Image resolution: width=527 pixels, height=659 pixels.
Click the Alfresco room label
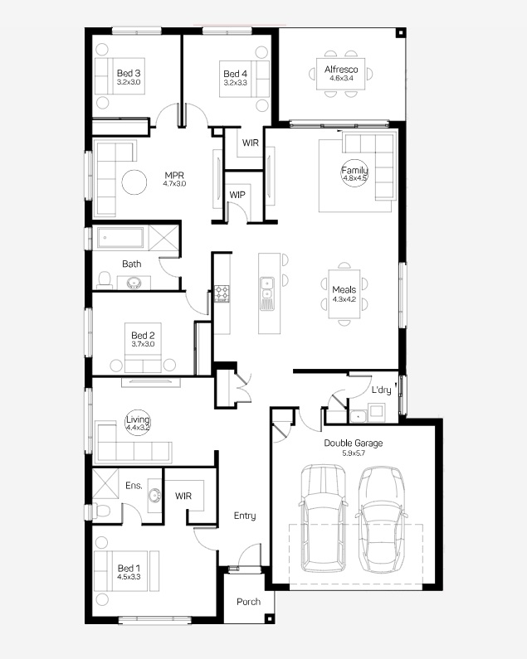coord(341,70)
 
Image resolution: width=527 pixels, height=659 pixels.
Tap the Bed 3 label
coord(129,73)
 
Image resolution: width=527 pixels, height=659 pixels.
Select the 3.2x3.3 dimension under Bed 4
coord(236,83)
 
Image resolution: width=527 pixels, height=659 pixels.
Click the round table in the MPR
coord(134,182)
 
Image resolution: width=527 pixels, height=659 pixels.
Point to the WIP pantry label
coord(237,195)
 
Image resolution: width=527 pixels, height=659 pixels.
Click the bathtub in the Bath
coord(120,238)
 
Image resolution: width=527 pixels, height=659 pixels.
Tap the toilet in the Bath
coord(104,280)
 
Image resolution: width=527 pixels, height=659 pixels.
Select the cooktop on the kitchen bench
coord(222,293)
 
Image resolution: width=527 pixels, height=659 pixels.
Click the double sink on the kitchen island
coord(267,288)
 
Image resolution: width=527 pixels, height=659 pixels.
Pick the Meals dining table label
coord(344,289)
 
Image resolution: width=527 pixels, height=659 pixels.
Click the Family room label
coord(354,170)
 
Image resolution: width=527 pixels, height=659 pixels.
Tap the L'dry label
coord(382,390)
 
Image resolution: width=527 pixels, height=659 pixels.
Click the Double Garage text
coord(354,443)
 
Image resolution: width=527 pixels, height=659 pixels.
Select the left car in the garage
coord(324,518)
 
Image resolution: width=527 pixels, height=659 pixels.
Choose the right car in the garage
coord(382,519)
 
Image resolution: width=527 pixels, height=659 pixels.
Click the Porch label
coord(248,602)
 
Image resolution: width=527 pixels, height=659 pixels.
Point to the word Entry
coord(245,516)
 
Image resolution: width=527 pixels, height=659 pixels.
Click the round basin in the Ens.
coord(155,496)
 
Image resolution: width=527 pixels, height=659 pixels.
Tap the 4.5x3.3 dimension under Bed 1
coord(129,577)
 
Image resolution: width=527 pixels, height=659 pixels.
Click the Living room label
coord(138,419)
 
